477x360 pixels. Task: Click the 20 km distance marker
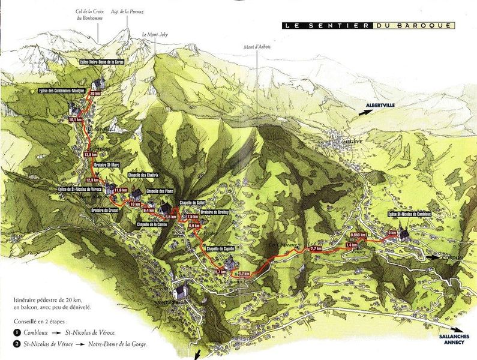(94, 94)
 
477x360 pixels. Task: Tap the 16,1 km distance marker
(75, 119)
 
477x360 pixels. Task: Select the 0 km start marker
(392, 232)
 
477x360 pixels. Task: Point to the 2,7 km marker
(316, 248)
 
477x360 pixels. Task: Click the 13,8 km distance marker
(90, 154)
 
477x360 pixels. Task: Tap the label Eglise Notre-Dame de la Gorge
(101, 62)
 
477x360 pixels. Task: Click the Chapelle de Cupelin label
(220, 248)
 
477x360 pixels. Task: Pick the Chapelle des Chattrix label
(143, 175)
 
